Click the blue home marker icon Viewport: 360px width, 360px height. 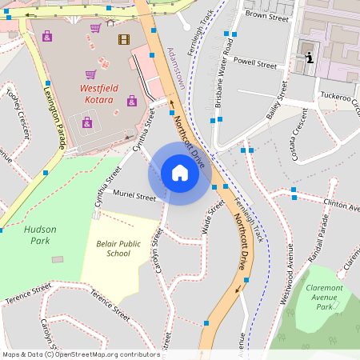tap(179, 173)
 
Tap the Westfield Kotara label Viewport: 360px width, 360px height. tap(108, 94)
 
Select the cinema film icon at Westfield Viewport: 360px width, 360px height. tap(123, 38)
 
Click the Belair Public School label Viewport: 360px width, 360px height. tap(118, 248)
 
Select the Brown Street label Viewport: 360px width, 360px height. tap(266, 15)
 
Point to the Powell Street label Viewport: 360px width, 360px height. tap(254, 63)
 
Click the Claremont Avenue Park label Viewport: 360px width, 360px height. tap(324, 296)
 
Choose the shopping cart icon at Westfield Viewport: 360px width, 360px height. tap(96, 28)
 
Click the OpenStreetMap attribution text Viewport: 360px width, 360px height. tap(80, 354)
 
